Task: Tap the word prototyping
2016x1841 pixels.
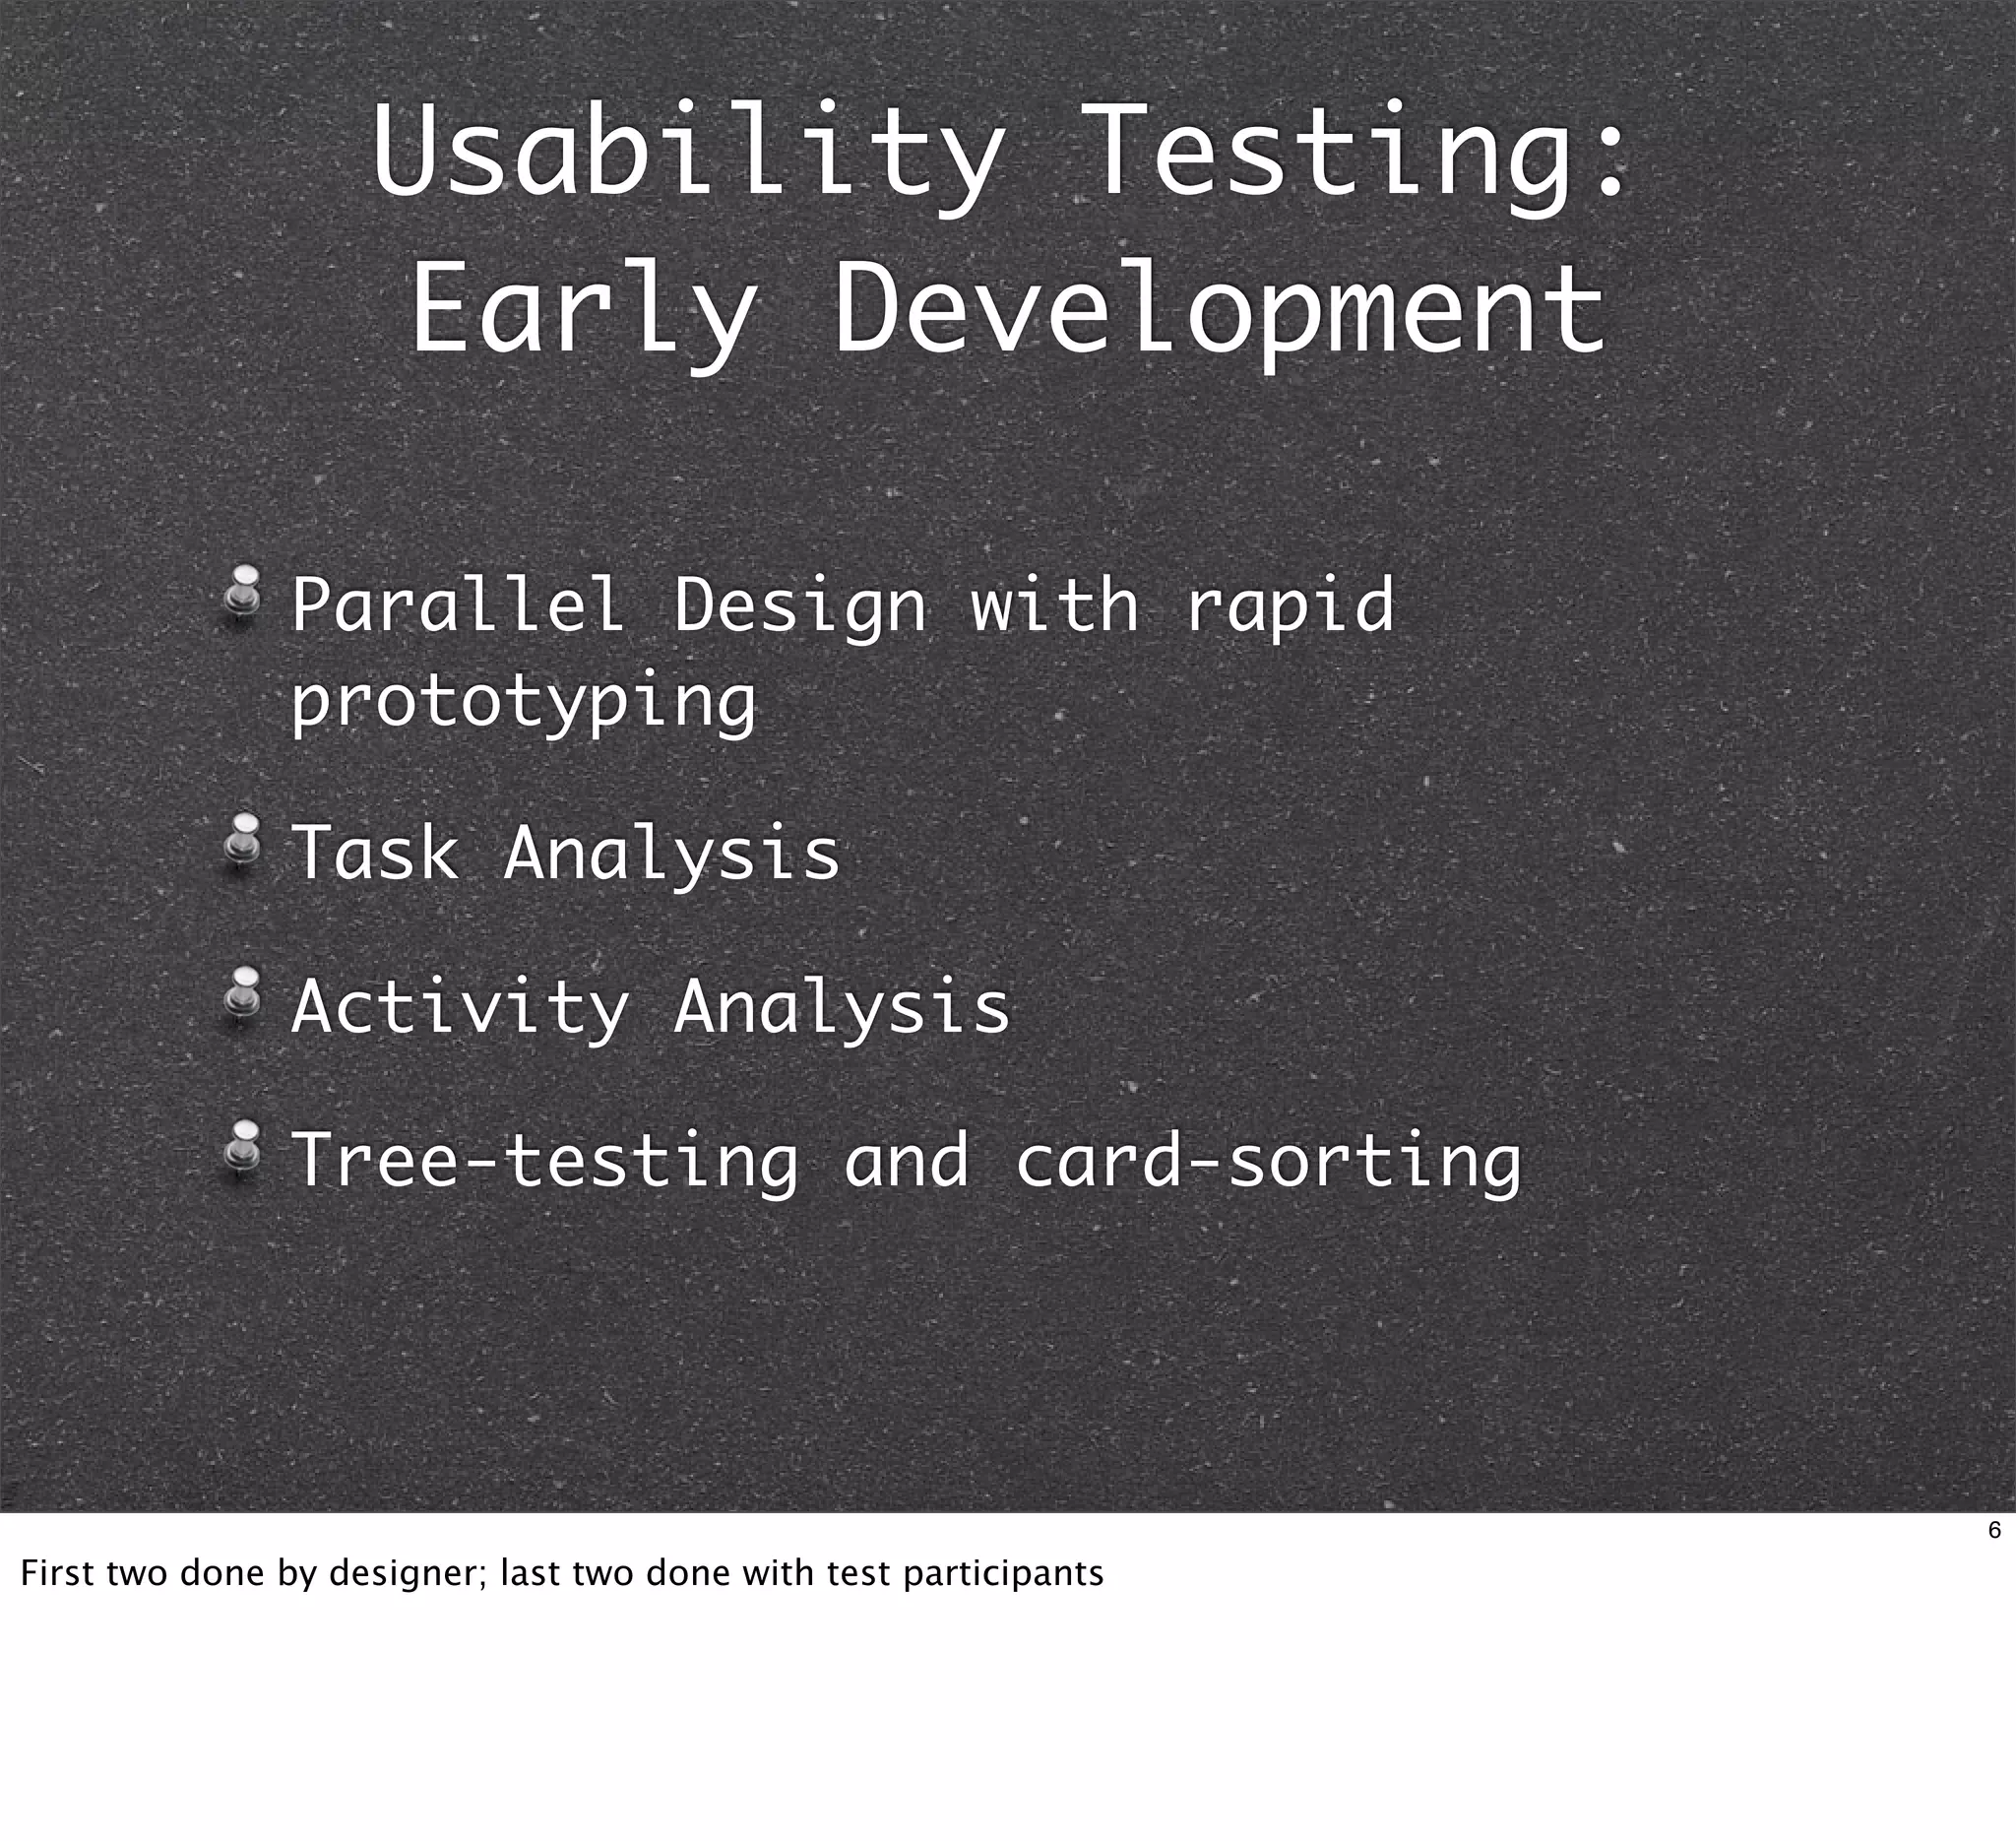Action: pos(523,703)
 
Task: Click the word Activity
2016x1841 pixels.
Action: pos(460,1008)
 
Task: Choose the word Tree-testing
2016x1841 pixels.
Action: pos(545,1162)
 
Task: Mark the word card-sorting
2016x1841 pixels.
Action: pos(1268,1162)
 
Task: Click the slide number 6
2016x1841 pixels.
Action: pos(1994,1531)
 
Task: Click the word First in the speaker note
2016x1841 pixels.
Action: pos(58,1574)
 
